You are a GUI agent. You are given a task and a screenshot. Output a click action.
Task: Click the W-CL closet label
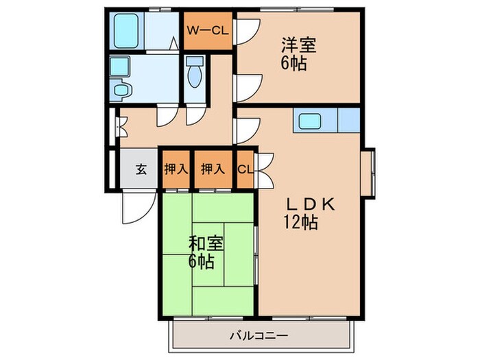click(208, 30)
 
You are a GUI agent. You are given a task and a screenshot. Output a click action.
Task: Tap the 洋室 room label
click(297, 47)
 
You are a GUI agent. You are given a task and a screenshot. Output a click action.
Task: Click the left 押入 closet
click(176, 169)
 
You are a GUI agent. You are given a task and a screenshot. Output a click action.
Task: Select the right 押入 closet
click(213, 169)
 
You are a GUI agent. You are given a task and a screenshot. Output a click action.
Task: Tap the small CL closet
click(245, 169)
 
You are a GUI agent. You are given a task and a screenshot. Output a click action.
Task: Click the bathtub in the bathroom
click(128, 31)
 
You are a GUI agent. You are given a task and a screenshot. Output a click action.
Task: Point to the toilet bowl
click(194, 74)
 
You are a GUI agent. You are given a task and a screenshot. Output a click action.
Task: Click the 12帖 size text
click(301, 223)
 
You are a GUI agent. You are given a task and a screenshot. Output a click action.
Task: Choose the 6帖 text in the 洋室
click(293, 64)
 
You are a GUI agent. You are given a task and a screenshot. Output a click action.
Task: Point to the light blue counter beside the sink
click(348, 121)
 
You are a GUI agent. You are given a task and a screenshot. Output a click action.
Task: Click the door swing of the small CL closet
click(265, 168)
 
